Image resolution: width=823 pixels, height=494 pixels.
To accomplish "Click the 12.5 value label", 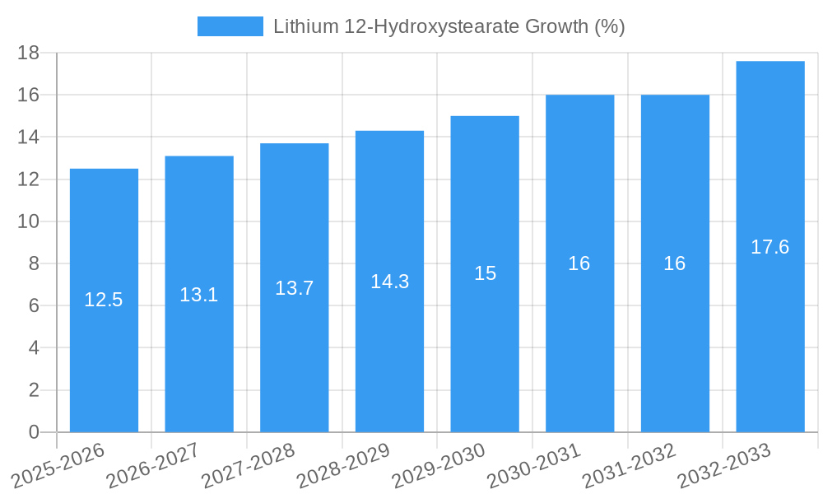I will pos(104,300).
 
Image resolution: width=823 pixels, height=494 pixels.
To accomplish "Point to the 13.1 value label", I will pos(199,294).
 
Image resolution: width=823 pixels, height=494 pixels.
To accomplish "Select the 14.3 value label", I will pos(389,282).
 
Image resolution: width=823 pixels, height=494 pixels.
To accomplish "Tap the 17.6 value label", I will pos(770,247).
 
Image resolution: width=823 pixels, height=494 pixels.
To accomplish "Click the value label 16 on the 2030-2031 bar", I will pos(579,263).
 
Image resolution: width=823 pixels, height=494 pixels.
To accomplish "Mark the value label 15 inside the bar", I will pos(485,273).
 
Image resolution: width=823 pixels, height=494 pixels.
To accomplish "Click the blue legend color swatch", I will pos(230,26).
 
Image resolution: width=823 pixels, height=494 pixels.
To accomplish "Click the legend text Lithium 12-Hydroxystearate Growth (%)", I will pos(449,26).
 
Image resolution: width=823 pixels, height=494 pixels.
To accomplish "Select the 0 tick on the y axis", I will pos(34,432).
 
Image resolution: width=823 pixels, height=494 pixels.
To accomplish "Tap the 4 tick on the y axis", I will pos(34,347).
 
